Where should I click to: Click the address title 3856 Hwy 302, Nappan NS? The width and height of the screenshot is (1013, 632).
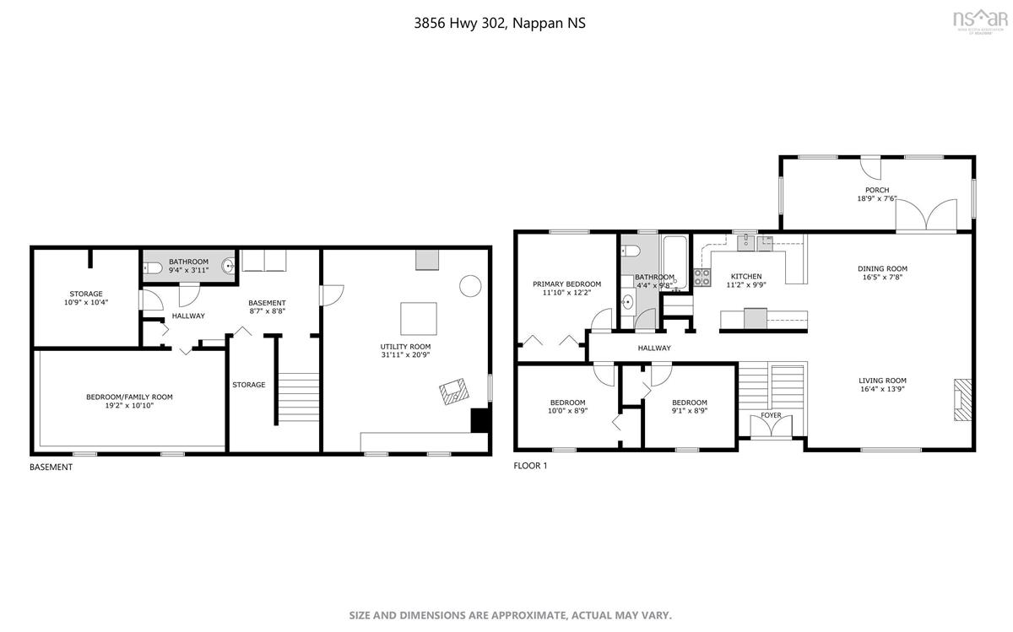coord(499,24)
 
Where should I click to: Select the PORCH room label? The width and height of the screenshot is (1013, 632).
coord(876,190)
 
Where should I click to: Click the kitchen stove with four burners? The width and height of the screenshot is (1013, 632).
coord(702,278)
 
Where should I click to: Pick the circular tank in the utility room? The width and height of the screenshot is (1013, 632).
coord(469,285)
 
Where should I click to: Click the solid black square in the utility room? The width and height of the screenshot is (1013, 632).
coord(479,420)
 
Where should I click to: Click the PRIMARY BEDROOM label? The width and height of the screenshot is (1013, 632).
coord(566,284)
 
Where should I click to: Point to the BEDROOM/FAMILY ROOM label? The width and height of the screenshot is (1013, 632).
coord(129,397)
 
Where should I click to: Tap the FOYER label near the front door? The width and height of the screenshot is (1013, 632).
coord(771,415)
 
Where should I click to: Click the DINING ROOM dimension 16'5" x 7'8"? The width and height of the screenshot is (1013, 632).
coord(883,278)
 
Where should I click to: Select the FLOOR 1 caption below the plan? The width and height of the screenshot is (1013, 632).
coord(531,466)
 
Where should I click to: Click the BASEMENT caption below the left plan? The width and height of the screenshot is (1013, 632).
coord(51,467)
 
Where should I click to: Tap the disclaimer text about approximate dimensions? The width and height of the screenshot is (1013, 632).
coord(511,615)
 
